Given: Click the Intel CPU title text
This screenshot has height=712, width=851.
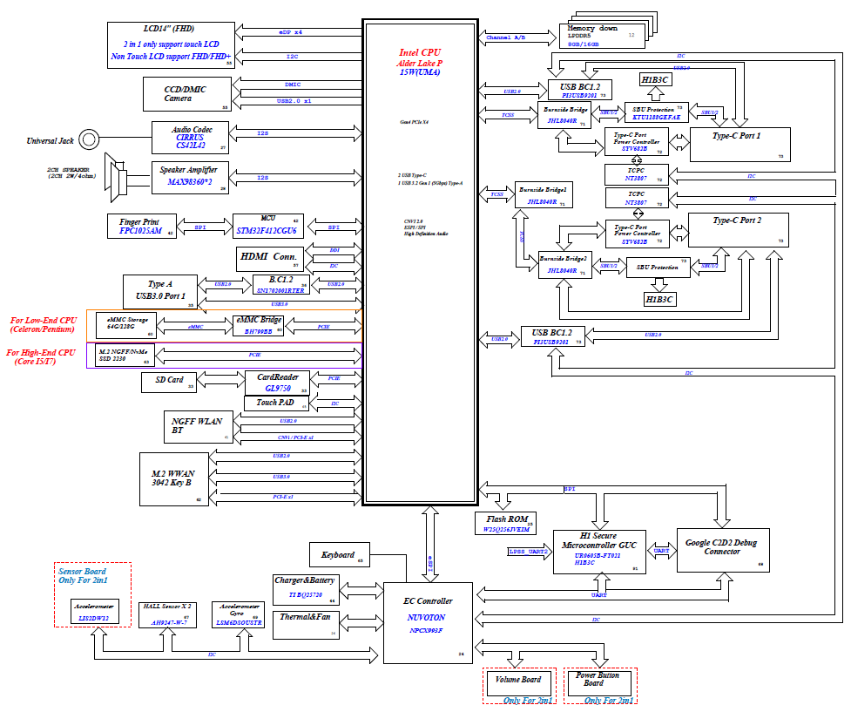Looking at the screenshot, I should (420, 53).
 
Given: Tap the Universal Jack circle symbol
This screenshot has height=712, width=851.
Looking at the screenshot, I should (90, 139).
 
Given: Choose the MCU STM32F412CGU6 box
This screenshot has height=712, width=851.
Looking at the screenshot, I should (267, 226).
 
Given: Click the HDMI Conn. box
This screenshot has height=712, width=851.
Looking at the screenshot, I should (270, 259).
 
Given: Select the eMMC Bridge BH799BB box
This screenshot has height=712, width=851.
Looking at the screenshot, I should (259, 326).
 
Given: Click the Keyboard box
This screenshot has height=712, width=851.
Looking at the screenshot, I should (339, 555).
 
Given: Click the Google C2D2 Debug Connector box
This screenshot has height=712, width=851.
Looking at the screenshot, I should (722, 548).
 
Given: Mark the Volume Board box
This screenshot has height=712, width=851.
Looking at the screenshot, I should (519, 683).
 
